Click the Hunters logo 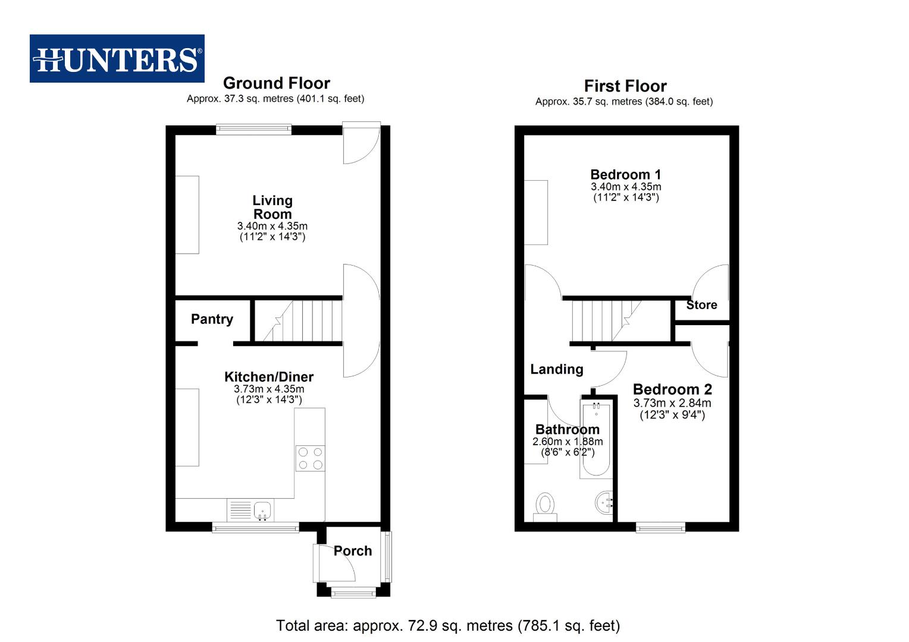[x=117, y=59]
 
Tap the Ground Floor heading [x=276, y=83]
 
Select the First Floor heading [x=625, y=86]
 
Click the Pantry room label [x=212, y=319]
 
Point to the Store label [x=701, y=305]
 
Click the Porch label [x=352, y=551]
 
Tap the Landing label [x=556, y=369]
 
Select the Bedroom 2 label [x=672, y=389]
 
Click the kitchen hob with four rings [x=310, y=458]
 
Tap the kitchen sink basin [x=262, y=510]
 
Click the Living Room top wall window [x=253, y=129]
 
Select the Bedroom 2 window [x=660, y=527]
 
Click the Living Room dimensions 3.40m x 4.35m [x=272, y=226]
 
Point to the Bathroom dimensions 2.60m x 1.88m [x=567, y=442]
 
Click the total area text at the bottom [x=447, y=625]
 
